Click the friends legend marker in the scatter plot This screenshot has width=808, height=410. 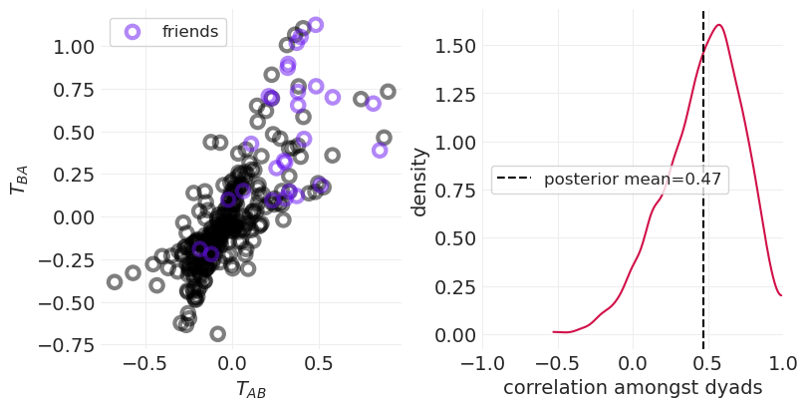[x=132, y=32]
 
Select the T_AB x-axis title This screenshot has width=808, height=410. [x=250, y=390]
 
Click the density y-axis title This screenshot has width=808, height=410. [x=419, y=182]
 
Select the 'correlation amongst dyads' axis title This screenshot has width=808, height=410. [x=633, y=388]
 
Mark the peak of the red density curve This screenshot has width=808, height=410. [x=718, y=25]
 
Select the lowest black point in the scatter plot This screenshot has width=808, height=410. [x=217, y=333]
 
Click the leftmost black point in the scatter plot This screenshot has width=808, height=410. [x=115, y=282]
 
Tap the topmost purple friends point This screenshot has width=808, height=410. [x=315, y=25]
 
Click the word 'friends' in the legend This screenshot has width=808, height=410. [x=189, y=32]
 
